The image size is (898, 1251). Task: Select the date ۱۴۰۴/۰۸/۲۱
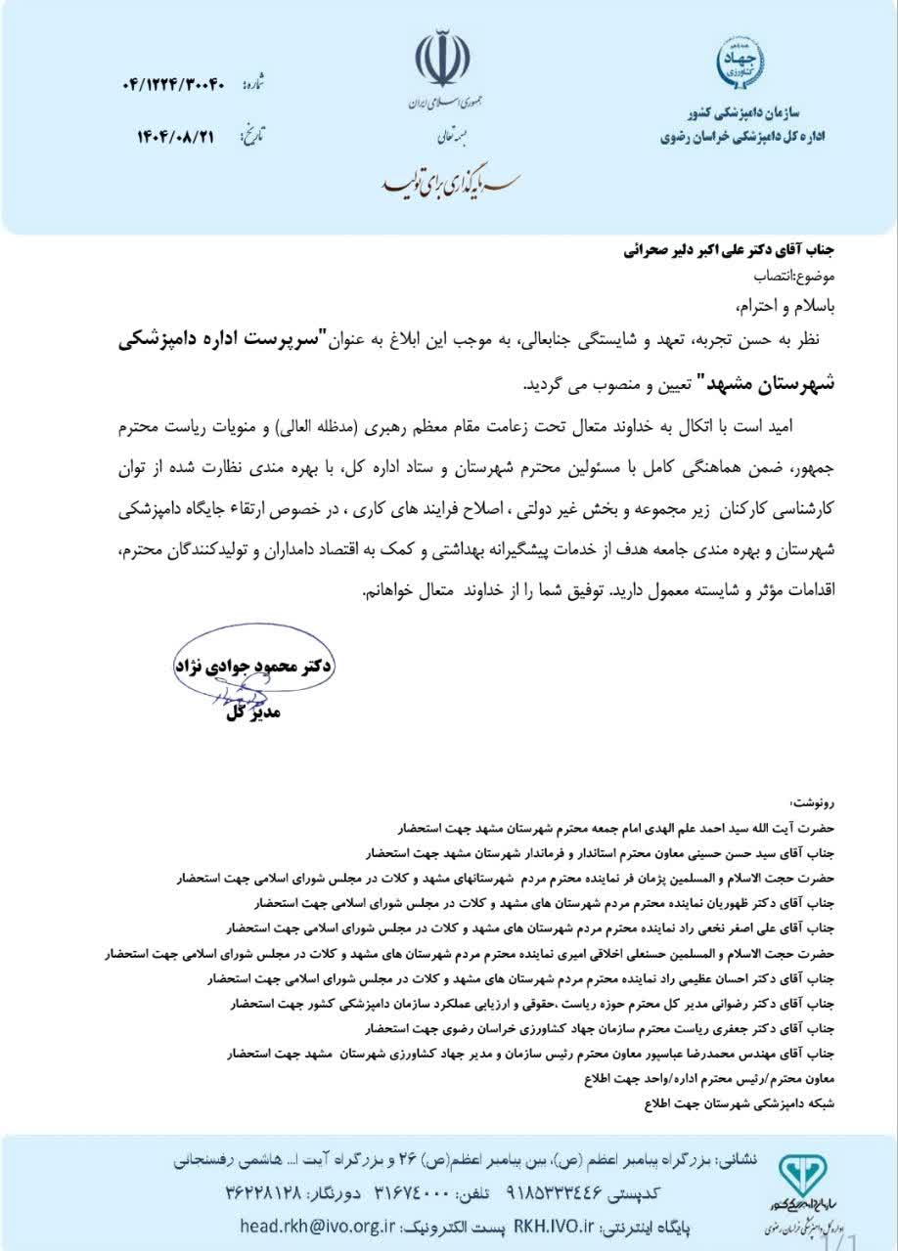(x=175, y=136)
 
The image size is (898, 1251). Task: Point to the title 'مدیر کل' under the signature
(x=252, y=712)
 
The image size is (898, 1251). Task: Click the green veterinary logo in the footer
(x=801, y=1175)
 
